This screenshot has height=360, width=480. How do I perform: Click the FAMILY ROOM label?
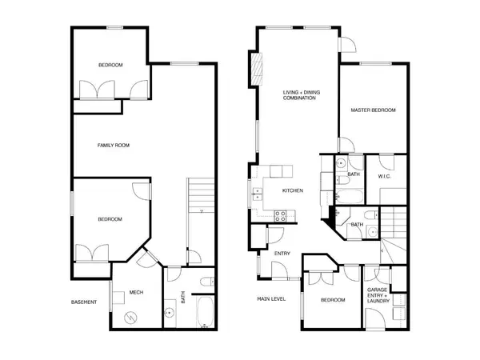[114, 146]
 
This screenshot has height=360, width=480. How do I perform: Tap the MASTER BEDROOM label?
[374, 110]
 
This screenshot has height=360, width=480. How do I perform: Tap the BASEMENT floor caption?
[84, 302]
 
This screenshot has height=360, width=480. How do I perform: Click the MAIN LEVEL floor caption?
[271, 299]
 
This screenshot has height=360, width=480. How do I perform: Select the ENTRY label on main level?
[282, 254]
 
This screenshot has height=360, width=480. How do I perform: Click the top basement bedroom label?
[110, 65]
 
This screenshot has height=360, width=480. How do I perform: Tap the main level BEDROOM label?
[333, 300]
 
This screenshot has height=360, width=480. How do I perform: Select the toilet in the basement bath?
[204, 280]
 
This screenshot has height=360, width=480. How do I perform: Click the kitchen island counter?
[280, 170]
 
